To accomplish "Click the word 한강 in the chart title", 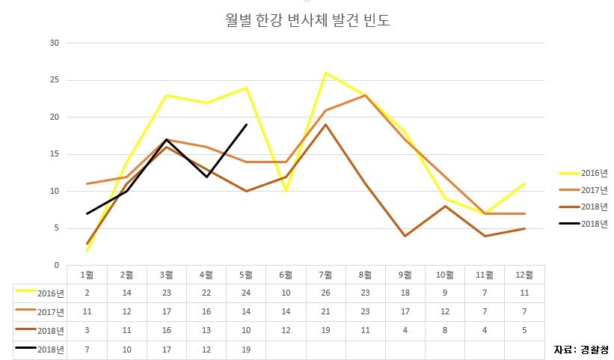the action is click(268, 20).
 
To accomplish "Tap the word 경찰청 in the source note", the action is click(595, 350).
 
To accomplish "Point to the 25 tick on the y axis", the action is click(55, 80).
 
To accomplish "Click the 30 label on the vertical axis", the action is click(55, 43).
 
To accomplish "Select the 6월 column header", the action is click(286, 275).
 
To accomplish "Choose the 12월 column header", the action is click(524, 275).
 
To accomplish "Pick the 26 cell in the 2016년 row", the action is click(325, 293).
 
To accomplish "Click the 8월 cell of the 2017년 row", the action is click(366, 311).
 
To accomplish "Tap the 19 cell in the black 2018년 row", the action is click(246, 350).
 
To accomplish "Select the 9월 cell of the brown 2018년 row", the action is click(405, 330).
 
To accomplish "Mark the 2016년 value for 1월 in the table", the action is click(87, 293).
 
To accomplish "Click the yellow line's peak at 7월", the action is click(325, 73).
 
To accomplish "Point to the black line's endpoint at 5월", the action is click(246, 124).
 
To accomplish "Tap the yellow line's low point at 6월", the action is click(286, 191).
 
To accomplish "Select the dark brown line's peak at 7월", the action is click(325, 124).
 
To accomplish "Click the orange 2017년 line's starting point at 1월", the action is click(87, 183).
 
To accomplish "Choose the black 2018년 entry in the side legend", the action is click(584, 224).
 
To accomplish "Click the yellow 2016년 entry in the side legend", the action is click(584, 173).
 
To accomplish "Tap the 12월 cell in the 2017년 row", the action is click(524, 311).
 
